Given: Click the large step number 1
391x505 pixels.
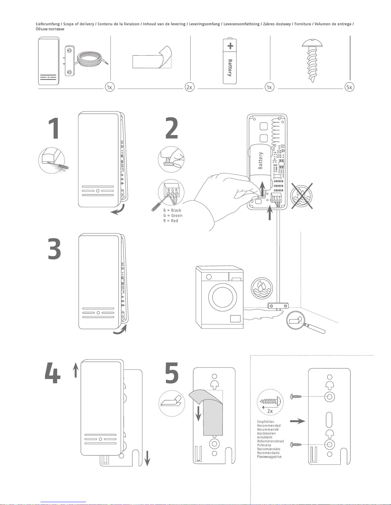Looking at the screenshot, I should [x=54, y=128].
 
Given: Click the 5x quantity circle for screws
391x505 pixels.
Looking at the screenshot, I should [x=350, y=87].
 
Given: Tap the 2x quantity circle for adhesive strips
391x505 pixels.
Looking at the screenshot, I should [x=190, y=87].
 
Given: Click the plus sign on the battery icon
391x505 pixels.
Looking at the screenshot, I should [x=230, y=46].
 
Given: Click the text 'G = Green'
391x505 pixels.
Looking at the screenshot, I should [x=173, y=216].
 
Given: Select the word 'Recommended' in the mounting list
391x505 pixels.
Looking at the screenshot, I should [x=269, y=426].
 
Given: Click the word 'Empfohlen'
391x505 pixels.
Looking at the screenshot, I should [x=266, y=422].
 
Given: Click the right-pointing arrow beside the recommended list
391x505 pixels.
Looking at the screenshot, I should [x=297, y=421].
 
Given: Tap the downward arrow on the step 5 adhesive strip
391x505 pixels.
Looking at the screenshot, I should [x=199, y=413].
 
